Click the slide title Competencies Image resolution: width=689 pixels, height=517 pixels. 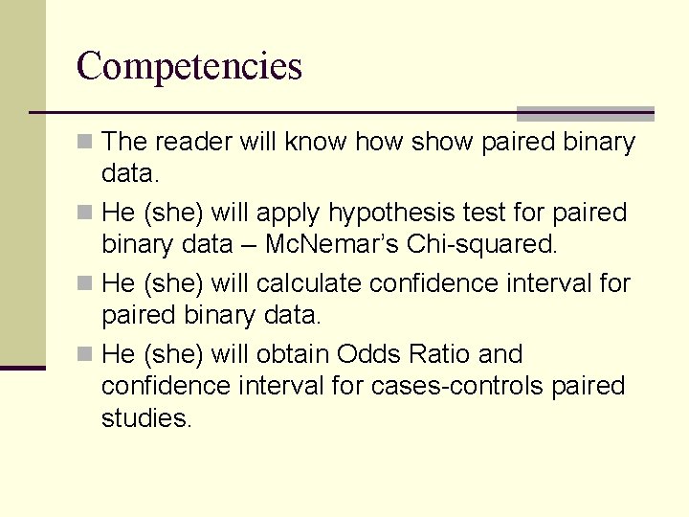click(x=189, y=67)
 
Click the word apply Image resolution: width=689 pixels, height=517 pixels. click(x=289, y=214)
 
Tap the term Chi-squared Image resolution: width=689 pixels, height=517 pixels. click(x=480, y=244)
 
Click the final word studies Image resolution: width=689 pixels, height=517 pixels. click(x=146, y=417)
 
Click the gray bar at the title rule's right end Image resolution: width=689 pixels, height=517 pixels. click(x=585, y=113)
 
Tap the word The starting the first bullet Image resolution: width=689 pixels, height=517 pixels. click(x=122, y=143)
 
